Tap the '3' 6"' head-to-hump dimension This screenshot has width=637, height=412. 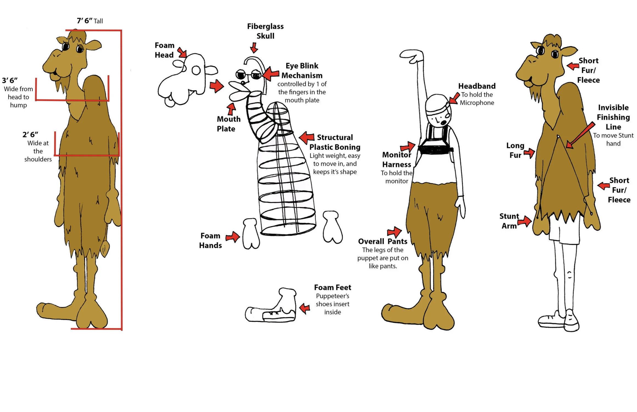coord(10,80)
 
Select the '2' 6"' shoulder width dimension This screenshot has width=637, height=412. coord(30,135)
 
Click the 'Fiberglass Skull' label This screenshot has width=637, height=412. coord(265,31)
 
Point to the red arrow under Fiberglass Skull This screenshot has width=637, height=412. coord(254,48)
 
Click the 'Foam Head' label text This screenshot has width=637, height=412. coord(164,50)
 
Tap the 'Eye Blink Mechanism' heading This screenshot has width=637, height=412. coord(302,71)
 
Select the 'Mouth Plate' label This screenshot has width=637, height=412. coord(228,124)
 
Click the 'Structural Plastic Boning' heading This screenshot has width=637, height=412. coord(335,142)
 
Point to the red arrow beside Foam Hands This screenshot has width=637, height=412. coord(233,236)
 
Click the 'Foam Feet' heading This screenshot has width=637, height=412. coord(333,288)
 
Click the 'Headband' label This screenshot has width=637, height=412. coord(477,86)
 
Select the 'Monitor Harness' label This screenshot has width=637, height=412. coord(397,160)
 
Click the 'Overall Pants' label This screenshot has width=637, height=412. coord(383,241)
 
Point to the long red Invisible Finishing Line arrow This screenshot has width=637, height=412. coord(580,136)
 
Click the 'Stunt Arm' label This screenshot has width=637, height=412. coord(509,221)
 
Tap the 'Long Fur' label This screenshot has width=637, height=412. coord(515,150)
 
